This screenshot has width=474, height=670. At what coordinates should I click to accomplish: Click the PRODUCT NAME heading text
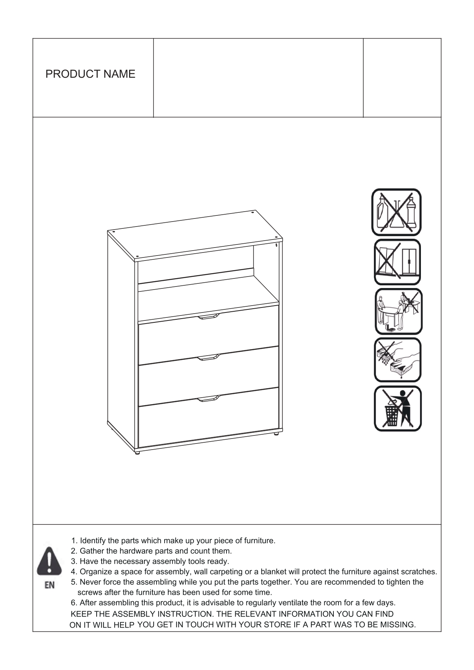click(91, 74)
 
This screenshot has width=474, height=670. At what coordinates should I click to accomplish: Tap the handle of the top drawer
click(208, 316)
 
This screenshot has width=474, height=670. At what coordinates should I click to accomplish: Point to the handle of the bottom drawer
click(208, 398)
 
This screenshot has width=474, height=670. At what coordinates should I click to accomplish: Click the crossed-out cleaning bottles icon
click(396, 212)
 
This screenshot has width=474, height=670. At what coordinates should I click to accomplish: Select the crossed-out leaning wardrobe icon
click(397, 262)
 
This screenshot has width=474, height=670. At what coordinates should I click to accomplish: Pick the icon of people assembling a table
click(398, 311)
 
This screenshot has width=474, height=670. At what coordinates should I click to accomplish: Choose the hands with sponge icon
click(398, 360)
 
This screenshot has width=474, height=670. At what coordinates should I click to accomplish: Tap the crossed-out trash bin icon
click(398, 408)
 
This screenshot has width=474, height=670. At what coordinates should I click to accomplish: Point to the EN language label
click(50, 585)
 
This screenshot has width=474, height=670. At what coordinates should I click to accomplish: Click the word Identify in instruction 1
click(93, 541)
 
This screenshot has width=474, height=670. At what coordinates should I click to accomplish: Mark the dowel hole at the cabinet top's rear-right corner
click(253, 212)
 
